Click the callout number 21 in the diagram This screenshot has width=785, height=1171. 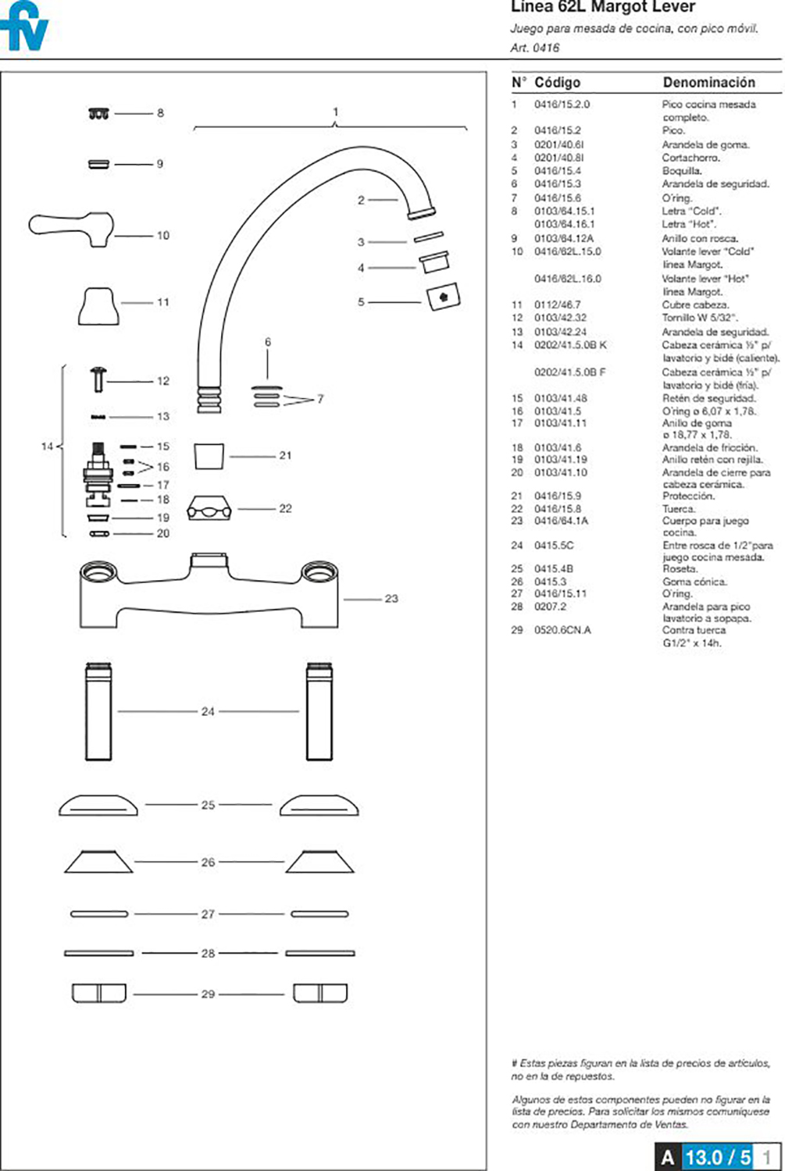tap(285, 455)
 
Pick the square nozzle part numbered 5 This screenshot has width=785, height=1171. tap(443, 297)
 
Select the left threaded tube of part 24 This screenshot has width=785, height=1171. tap(98, 711)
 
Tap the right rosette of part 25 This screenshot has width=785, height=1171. tap(319, 806)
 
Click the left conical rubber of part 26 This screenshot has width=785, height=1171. tap(98, 862)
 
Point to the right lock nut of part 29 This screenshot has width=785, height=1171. tap(319, 993)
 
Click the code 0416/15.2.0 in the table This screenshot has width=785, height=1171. tap(562, 104)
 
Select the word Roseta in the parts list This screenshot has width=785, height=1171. tap(680, 568)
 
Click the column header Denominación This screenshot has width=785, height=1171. tap(708, 82)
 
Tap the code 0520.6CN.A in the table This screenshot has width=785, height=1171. tap(562, 630)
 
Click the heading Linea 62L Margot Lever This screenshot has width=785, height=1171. tap(602, 8)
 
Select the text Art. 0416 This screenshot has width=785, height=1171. tap(535, 48)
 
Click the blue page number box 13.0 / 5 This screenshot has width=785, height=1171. tap(717, 1156)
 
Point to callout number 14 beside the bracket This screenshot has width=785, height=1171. tap(47, 447)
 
